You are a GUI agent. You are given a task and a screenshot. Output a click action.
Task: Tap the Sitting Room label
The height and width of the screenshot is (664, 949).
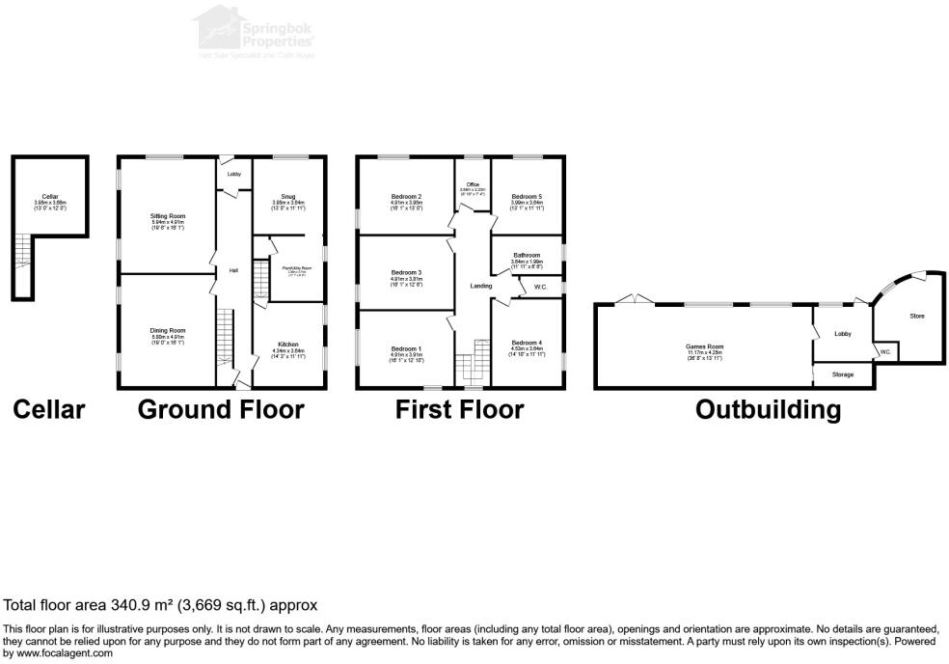[x=167, y=215]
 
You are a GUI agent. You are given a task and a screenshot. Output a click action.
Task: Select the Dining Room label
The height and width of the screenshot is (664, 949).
[x=167, y=331]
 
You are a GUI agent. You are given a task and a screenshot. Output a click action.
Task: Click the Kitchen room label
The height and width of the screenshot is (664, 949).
[x=288, y=344]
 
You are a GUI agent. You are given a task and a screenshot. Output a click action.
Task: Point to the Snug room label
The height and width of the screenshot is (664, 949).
[x=288, y=196]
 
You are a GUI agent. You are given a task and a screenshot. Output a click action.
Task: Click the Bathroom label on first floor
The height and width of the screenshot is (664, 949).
[x=527, y=255]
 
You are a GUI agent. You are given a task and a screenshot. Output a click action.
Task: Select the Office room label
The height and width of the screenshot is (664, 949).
[x=473, y=185]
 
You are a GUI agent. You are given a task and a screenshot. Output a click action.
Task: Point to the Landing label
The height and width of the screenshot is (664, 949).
[x=480, y=286]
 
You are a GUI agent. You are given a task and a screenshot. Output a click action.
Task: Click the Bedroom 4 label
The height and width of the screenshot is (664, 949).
[x=527, y=343]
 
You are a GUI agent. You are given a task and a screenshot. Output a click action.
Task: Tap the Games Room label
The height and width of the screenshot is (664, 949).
[x=704, y=346]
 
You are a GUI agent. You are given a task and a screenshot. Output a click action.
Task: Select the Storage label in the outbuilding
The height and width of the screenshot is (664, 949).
[x=842, y=373]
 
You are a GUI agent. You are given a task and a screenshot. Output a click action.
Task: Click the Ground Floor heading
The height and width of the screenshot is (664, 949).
[x=221, y=409]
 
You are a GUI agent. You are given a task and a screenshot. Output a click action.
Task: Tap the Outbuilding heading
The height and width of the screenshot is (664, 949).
[x=768, y=409]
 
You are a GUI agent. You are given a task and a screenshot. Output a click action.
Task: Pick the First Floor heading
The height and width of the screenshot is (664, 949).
[x=460, y=409]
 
